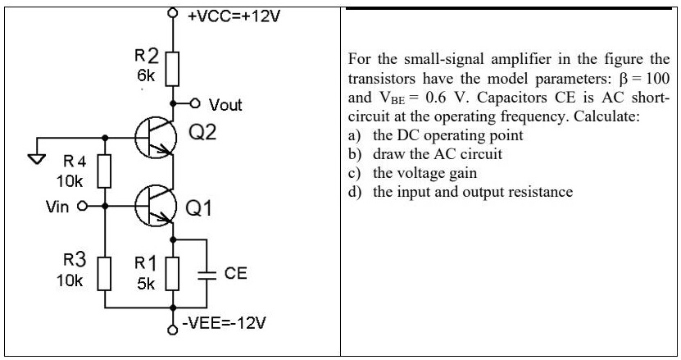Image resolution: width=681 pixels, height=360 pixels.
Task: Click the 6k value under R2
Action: tap(145, 75)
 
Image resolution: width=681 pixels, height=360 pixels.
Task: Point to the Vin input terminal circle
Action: tap(82, 207)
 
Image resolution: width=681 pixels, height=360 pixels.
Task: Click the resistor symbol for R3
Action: tap(104, 271)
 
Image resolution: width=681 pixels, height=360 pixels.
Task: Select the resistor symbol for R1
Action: tap(173, 271)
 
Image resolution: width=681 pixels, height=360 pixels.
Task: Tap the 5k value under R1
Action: tap(145, 284)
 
